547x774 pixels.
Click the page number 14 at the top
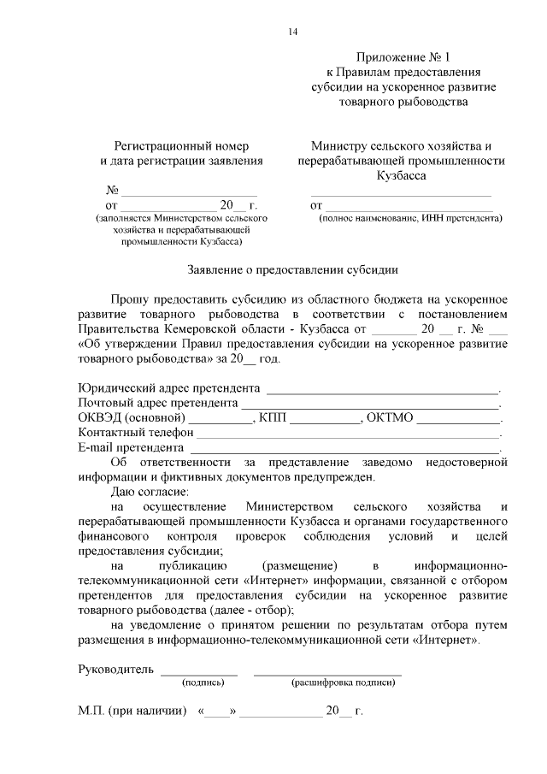(x=293, y=32)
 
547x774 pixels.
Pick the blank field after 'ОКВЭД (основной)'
(x=220, y=419)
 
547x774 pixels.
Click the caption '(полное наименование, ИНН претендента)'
(x=410, y=218)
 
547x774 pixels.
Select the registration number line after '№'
(x=188, y=191)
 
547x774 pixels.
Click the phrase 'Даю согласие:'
(x=150, y=492)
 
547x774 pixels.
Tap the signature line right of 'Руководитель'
(x=199, y=670)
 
